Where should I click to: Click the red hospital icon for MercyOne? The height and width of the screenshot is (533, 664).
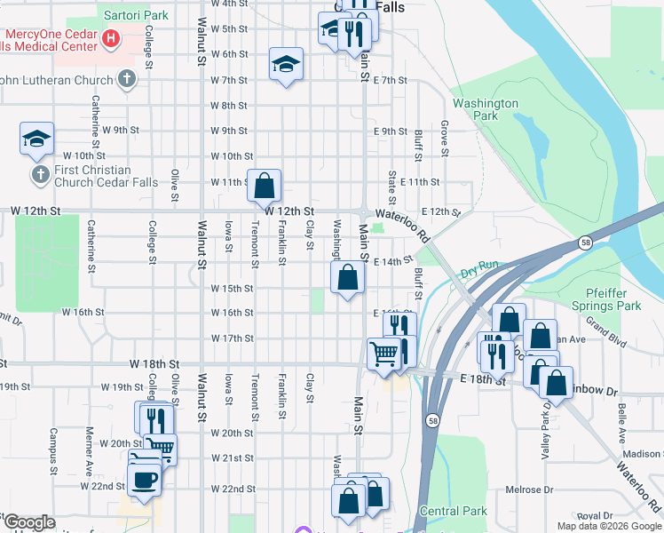(111, 38)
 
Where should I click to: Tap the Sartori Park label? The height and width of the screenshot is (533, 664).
(135, 16)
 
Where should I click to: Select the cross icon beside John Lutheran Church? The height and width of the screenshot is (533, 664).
(126, 80)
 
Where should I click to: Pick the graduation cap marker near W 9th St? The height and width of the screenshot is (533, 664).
(37, 139)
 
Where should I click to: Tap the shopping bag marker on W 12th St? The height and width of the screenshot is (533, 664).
(264, 186)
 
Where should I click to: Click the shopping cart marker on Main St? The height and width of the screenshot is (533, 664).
(383, 354)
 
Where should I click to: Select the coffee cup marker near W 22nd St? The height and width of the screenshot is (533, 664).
(145, 480)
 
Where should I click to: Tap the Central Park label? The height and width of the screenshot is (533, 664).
(453, 511)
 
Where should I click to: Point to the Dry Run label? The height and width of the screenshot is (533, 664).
(479, 266)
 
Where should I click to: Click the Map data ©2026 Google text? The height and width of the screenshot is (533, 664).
(609, 526)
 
